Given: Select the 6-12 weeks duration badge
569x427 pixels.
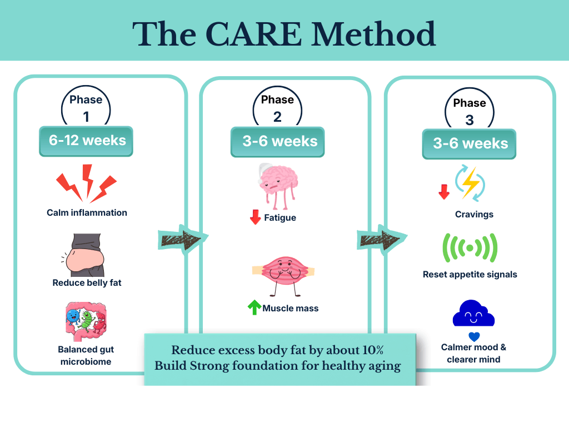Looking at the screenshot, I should coord(86,141).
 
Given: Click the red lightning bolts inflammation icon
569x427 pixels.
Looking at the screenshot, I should coord(86,183).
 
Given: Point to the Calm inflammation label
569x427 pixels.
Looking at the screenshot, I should coord(87,212).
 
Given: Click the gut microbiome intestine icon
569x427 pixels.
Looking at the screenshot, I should coord(85,321).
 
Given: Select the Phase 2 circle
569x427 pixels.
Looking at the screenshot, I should coord(277,108).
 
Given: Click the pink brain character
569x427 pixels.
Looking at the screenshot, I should coord(278,184).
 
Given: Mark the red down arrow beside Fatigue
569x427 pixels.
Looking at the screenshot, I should coord(256,217).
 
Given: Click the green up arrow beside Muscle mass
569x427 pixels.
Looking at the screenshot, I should coord(254,307).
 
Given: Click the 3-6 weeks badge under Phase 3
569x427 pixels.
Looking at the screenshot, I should coord(470,143).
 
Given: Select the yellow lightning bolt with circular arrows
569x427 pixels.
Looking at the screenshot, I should coord(470,182).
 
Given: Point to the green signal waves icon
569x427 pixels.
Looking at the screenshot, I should coord(470,248).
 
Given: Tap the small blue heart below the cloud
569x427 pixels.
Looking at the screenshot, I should coord(473,336).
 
